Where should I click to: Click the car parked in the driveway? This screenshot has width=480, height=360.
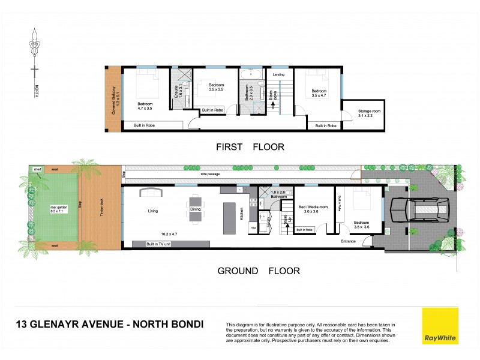pyautogui.click(x=418, y=211)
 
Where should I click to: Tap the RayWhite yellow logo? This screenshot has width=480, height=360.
pyautogui.click(x=440, y=326)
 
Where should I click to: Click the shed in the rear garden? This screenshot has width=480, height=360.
pyautogui.click(x=37, y=170)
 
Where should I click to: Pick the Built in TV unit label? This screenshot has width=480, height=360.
pyautogui.click(x=166, y=244)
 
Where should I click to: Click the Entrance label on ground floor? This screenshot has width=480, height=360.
pyautogui.click(x=349, y=241)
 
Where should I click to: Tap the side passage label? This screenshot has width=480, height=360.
pyautogui.click(x=210, y=175)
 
